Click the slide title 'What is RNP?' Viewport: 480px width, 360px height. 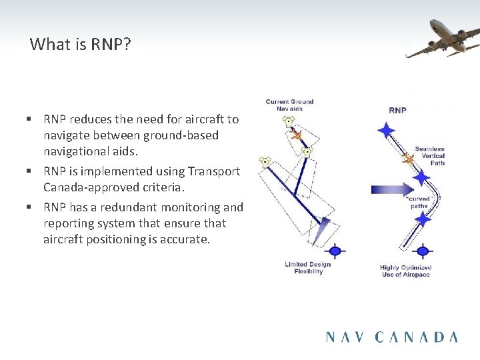pyautogui.click(x=80, y=45)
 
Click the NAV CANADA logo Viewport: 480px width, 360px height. pyautogui.click(x=392, y=337)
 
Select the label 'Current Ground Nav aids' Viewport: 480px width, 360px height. pyautogui.click(x=289, y=105)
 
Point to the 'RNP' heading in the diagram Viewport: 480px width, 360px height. pyautogui.click(x=398, y=110)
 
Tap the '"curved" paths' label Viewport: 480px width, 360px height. pyautogui.click(x=419, y=202)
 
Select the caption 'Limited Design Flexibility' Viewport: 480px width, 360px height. pyautogui.click(x=308, y=267)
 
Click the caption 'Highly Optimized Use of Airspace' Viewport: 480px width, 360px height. pyautogui.click(x=405, y=271)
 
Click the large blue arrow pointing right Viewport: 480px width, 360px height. pyautogui.click(x=392, y=190)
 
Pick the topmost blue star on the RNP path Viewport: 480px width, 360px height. pyautogui.click(x=386, y=130)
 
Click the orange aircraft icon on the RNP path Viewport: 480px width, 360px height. pyautogui.click(x=408, y=159)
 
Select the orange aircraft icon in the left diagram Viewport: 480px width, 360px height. pyautogui.click(x=297, y=136)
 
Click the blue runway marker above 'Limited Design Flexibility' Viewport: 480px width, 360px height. pyautogui.click(x=335, y=251)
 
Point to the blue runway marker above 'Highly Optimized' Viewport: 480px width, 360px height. pyautogui.click(x=423, y=251)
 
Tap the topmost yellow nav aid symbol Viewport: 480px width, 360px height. pyautogui.click(x=288, y=122)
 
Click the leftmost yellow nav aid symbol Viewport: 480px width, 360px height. pyautogui.click(x=265, y=161)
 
